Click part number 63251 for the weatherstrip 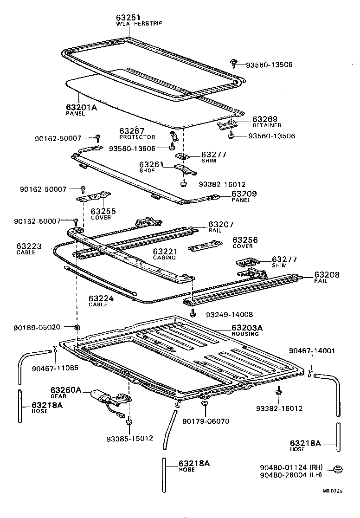tap(128, 18)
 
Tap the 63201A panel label tap(82, 107)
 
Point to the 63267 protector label tap(132, 131)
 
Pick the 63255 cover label tap(103, 211)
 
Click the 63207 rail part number tap(221, 224)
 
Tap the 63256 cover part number tap(245, 240)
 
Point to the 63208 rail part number tap(327, 275)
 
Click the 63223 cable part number tap(29, 246)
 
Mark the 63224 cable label tap(101, 299)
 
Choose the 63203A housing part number tap(247, 328)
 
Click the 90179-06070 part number tap(206, 421)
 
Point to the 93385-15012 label tap(129, 438)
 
